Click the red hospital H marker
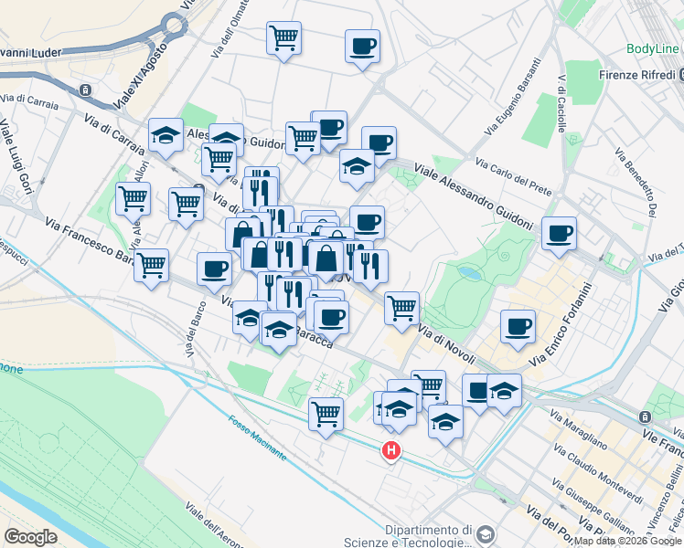(391, 450)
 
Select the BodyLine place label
(653, 48)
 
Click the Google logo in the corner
(30, 536)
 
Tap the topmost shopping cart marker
(284, 38)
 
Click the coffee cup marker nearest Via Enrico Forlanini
(518, 326)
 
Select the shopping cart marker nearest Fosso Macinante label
(326, 414)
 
